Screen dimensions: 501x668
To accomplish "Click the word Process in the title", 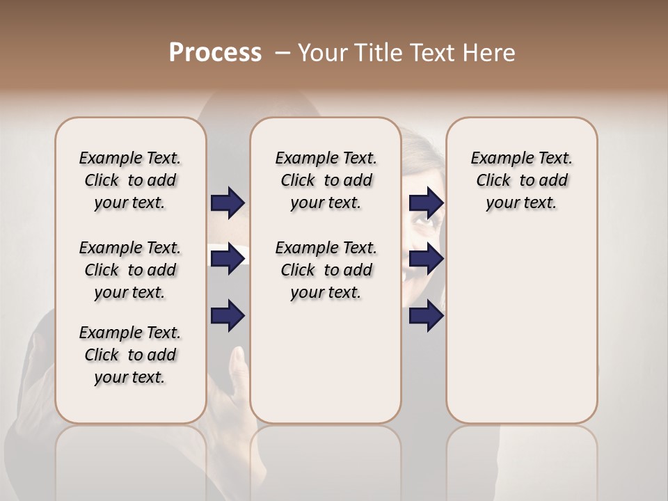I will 215,53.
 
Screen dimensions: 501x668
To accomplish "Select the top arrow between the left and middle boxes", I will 228,202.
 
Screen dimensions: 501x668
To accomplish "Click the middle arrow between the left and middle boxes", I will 228,259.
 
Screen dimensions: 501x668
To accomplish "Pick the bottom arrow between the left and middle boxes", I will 228,316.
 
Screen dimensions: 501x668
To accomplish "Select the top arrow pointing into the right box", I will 426,202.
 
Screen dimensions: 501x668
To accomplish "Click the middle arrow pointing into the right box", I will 426,259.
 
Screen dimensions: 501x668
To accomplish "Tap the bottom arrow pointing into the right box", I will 426,316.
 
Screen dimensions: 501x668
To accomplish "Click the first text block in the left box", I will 130,180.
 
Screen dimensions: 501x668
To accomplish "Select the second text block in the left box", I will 130,270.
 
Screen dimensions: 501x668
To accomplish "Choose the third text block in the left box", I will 130,355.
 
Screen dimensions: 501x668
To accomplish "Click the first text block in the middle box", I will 326,180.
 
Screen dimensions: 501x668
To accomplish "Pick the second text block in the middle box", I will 326,270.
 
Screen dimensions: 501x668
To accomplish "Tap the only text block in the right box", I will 521,180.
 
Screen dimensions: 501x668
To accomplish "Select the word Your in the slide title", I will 323,53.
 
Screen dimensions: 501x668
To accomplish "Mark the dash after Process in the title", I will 282,53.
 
